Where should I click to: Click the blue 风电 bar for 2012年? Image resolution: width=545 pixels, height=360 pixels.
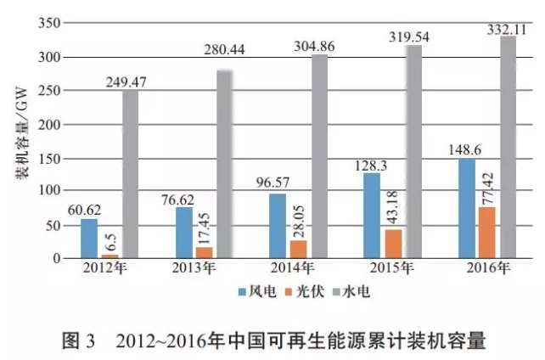pyautogui.click(x=89, y=239)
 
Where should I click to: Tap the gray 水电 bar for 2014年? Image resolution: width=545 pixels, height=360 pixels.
pyautogui.click(x=319, y=156)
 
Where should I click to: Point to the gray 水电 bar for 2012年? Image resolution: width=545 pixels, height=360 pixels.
pyautogui.click(x=130, y=174)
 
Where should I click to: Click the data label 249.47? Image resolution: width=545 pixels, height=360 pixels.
pyautogui.click(x=129, y=83)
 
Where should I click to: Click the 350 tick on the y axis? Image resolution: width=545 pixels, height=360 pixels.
pyautogui.click(x=51, y=23)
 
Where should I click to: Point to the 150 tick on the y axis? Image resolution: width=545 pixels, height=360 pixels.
pyautogui.click(x=51, y=158)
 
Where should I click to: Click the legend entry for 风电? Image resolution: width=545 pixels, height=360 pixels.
pyautogui.click(x=253, y=291)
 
